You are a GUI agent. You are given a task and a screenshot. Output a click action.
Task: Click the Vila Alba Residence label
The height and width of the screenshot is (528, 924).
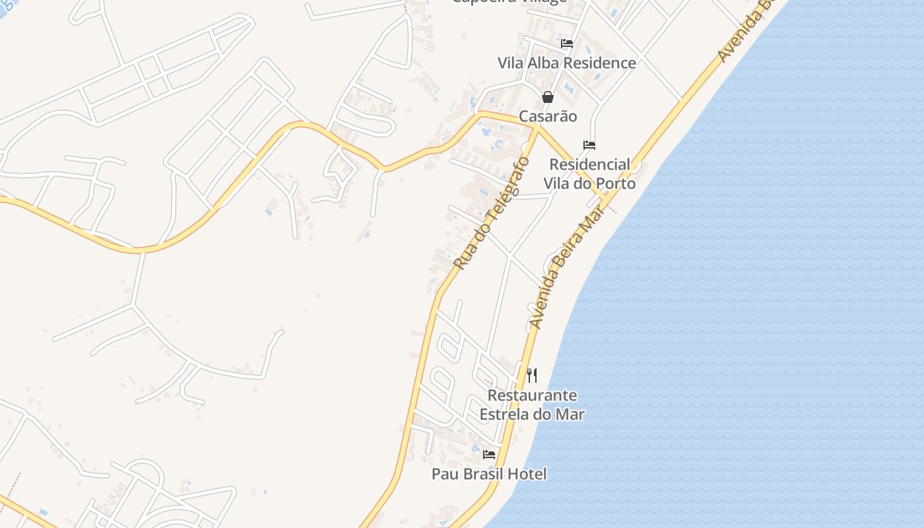point(566,63)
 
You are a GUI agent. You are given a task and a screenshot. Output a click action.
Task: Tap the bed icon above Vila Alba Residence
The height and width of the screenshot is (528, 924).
point(566,44)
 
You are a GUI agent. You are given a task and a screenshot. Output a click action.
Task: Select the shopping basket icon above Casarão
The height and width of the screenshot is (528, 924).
point(548,97)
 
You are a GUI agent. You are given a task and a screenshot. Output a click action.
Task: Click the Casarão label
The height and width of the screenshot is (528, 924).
point(548,116)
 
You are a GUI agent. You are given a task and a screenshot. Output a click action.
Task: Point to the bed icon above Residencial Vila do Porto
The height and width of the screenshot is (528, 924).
point(589,145)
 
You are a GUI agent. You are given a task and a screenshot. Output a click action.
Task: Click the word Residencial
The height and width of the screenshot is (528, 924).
point(589,164)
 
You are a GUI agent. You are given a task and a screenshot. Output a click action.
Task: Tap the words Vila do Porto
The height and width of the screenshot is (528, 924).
point(589,183)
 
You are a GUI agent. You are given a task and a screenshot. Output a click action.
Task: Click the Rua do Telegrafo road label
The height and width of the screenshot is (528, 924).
point(492,213)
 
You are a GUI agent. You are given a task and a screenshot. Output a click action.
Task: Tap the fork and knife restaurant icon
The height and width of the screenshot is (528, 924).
point(532,376)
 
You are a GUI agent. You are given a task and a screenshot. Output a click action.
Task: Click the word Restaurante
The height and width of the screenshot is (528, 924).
point(532,395)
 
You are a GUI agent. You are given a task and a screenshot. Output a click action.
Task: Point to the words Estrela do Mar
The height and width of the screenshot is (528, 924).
point(532,414)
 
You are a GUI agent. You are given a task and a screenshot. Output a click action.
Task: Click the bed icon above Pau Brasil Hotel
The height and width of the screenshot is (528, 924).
point(489,455)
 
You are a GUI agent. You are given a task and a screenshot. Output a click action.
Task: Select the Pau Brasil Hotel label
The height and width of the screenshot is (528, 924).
point(489,474)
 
